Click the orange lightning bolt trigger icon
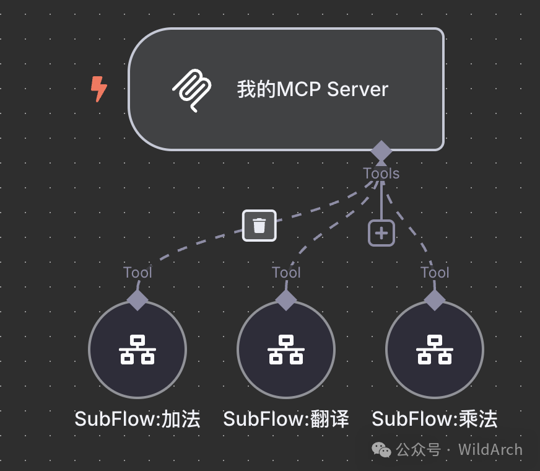[98, 89]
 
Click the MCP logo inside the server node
[191, 90]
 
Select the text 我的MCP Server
[313, 89]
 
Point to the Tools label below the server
[381, 174]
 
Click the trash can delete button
[259, 226]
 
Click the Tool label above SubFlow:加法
[137, 272]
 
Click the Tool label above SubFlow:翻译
[286, 272]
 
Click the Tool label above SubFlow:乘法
[435, 272]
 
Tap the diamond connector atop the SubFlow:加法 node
[137, 300]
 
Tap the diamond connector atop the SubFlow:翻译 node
[286, 300]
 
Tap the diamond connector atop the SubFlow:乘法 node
[435, 300]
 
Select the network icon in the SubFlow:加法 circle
[137, 350]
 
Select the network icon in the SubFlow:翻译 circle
[286, 350]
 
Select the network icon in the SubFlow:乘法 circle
[435, 350]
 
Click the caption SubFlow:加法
[137, 419]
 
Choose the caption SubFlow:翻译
[286, 419]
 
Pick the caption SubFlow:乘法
[435, 419]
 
